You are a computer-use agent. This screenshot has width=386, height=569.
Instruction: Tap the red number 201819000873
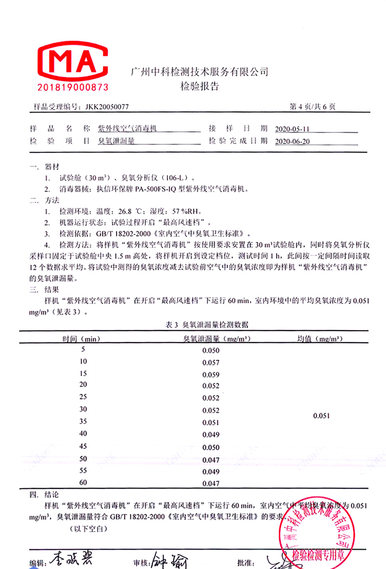click(x=73, y=87)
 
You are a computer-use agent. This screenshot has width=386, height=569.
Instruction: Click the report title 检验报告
click(x=199, y=87)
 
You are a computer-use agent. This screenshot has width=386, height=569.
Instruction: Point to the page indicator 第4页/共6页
click(x=312, y=107)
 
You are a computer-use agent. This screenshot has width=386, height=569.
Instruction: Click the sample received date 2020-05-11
click(x=291, y=129)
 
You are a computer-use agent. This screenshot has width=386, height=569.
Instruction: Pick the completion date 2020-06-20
click(x=291, y=142)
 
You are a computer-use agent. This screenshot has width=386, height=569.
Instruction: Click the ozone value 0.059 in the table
click(x=211, y=375)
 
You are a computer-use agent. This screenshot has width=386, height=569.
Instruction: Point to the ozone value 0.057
click(x=211, y=362)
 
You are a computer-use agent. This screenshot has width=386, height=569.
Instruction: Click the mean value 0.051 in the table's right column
click(x=321, y=416)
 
